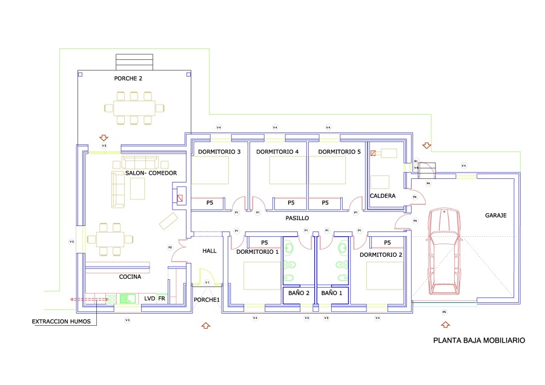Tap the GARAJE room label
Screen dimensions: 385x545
click(495, 215)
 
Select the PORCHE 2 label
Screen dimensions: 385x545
click(128, 79)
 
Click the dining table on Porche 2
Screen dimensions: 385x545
click(134, 109)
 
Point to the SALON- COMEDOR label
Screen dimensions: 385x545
click(151, 173)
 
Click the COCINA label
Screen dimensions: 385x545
click(130, 277)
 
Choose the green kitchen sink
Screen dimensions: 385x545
click(128, 298)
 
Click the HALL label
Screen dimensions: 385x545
click(210, 251)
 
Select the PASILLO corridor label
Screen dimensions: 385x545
click(297, 218)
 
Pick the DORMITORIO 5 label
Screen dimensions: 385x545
click(340, 152)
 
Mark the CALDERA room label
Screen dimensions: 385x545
click(383, 196)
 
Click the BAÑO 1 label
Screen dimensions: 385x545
click(332, 293)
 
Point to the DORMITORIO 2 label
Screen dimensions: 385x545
click(381, 255)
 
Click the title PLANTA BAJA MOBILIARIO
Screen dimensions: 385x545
click(479, 341)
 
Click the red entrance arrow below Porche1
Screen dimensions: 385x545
click(205, 326)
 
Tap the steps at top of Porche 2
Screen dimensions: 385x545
click(134, 62)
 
